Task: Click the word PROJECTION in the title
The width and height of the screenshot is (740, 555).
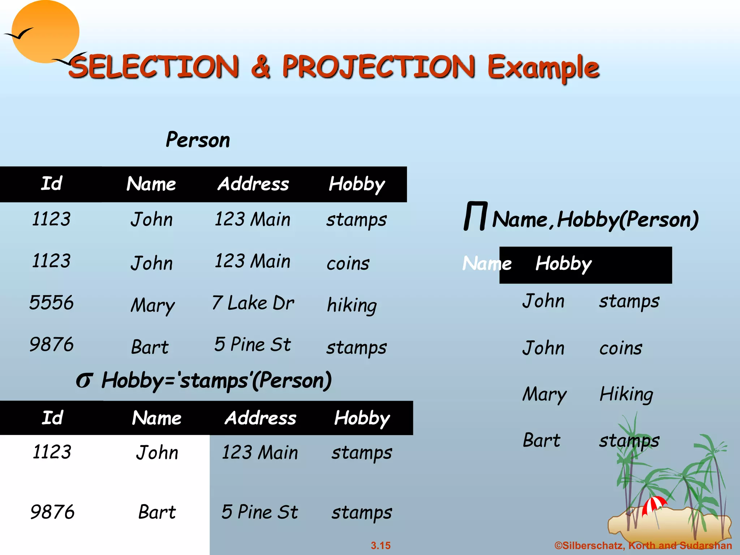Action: point(378,67)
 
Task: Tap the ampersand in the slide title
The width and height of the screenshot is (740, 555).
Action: point(261,67)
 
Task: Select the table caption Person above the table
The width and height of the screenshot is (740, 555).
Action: point(198,140)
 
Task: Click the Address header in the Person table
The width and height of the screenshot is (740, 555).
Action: point(253,184)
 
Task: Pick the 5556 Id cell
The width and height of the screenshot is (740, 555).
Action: point(51,302)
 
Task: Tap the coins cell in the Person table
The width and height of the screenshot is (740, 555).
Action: point(348,263)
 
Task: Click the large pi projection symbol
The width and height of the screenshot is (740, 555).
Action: point(476,216)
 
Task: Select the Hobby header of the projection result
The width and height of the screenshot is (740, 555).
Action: point(563,264)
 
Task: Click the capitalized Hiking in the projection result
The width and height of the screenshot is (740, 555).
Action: point(626,394)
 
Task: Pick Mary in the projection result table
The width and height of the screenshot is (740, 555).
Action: point(544,394)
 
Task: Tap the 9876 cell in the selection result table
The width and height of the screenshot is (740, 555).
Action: point(52,512)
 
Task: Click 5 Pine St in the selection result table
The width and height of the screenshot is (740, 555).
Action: point(260,512)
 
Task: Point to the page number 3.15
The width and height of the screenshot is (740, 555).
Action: point(380,546)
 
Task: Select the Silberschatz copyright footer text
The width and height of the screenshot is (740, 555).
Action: point(643,546)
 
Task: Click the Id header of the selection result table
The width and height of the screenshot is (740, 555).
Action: point(52,418)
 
